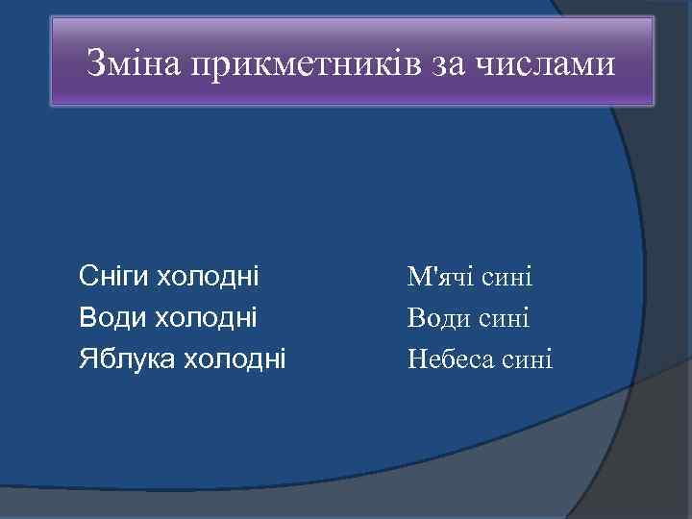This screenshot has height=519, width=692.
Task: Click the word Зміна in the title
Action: tap(134, 64)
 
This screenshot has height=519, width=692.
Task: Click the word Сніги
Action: tap(114, 278)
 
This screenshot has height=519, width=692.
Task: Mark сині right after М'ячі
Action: tap(509, 278)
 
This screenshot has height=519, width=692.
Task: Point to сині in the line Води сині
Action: tap(507, 318)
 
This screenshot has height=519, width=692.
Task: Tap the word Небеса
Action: tap(452, 358)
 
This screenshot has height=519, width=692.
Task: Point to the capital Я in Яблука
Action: tap(87, 358)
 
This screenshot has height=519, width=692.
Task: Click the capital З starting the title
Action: tap(94, 64)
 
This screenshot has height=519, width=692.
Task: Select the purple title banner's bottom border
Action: tap(352, 104)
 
